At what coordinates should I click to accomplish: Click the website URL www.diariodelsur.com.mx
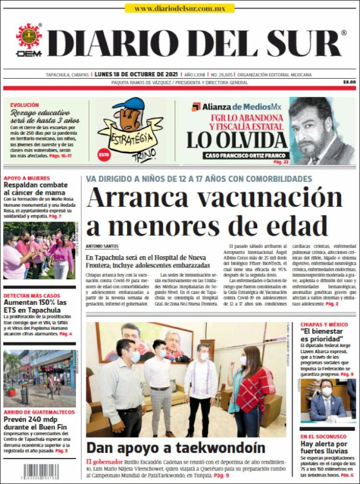[180, 8]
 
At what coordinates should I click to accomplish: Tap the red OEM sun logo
[29, 36]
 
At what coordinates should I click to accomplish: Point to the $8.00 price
[349, 82]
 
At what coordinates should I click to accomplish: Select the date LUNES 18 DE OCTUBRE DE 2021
[136, 75]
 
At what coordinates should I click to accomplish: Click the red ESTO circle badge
[104, 154]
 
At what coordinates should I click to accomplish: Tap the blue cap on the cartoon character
[128, 104]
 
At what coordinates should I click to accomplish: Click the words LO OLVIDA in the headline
[237, 140]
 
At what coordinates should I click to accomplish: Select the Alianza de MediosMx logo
[236, 106]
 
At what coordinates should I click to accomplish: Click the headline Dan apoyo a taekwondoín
[175, 448]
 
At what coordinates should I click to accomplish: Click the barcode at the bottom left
[41, 472]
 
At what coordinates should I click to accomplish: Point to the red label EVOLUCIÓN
[24, 105]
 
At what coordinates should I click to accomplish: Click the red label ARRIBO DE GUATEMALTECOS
[39, 412]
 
